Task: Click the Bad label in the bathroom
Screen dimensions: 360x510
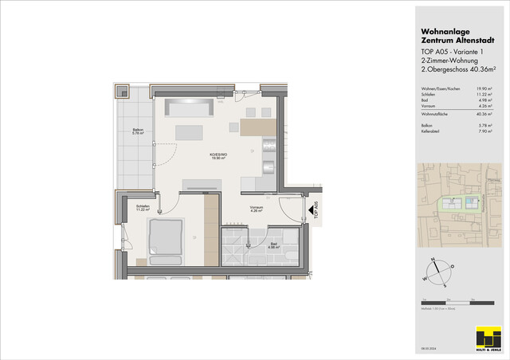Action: point(273,246)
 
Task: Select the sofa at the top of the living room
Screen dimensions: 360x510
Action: point(188,107)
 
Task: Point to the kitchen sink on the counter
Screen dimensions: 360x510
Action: point(269,167)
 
